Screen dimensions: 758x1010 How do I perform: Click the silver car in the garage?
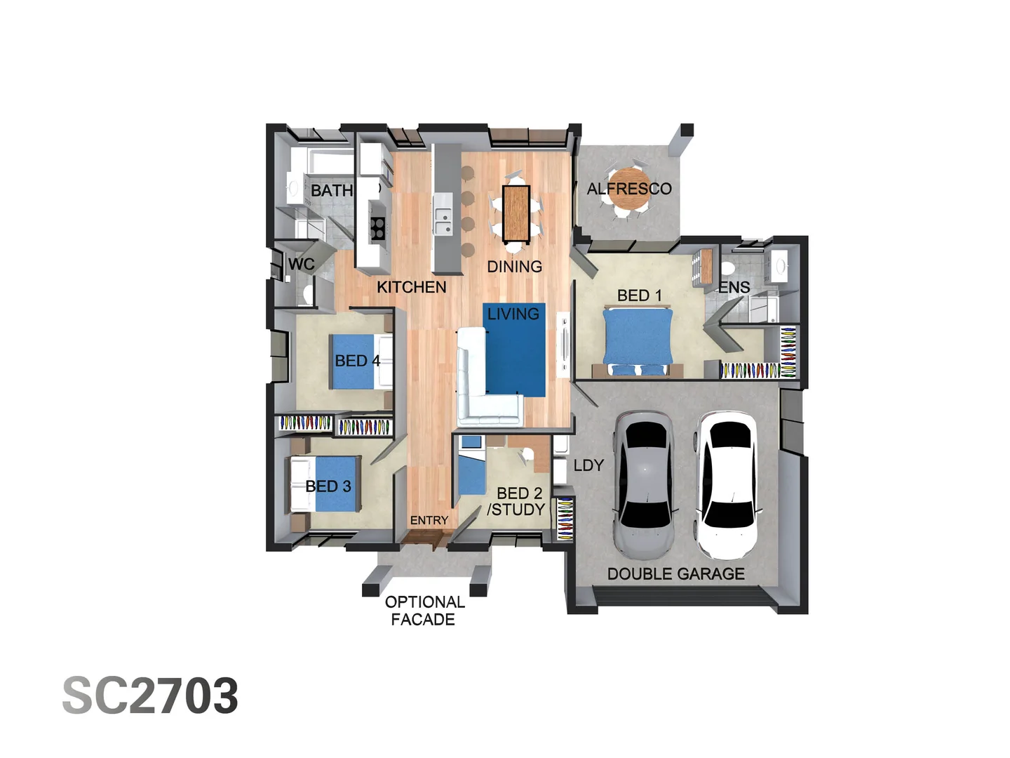tap(643, 484)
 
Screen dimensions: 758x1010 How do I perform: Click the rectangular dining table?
tap(516, 211)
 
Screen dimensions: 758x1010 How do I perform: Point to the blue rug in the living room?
tap(516, 351)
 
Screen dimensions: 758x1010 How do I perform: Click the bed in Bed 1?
tap(637, 340)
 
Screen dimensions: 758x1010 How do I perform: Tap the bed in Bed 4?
tap(359, 361)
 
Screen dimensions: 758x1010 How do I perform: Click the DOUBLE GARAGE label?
tap(675, 573)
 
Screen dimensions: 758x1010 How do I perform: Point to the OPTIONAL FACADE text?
tap(424, 611)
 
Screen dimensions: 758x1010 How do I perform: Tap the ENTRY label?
tap(429, 520)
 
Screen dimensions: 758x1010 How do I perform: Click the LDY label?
tap(588, 465)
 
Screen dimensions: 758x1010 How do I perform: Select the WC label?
tap(301, 264)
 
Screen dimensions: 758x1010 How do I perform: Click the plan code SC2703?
tap(150, 696)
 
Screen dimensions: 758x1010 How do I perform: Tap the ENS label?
tap(734, 287)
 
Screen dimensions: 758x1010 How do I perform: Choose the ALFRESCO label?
tap(628, 188)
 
